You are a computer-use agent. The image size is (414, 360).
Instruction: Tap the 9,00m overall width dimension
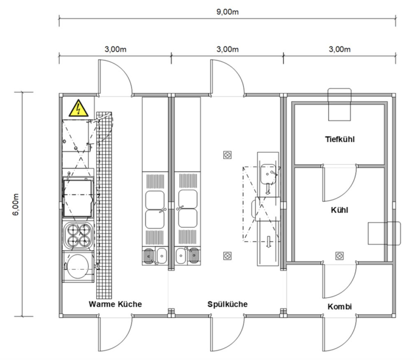pos(227,12)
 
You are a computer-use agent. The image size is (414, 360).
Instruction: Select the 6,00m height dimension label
pos(16,204)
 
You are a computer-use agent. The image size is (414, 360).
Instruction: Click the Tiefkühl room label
pos(340,139)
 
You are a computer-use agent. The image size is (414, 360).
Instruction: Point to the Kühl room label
pos(340,210)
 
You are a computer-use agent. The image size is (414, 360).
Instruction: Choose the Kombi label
pos(340,307)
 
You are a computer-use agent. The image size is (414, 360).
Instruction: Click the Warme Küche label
pos(115,304)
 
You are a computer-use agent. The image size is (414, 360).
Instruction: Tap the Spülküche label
pos(227,304)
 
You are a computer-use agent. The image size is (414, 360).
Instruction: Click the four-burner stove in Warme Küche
pos(78,236)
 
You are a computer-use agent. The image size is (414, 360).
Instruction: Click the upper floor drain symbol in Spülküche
pos(227,155)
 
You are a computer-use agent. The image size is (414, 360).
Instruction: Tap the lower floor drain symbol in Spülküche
pos(227,255)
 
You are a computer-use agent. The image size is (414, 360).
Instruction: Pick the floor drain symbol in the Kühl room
pos(340,255)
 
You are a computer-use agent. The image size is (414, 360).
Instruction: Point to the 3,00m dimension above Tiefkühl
pos(340,49)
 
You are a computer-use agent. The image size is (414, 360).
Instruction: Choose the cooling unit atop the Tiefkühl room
pos(340,105)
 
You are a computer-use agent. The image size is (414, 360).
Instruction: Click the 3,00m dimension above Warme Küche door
pos(115,49)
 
